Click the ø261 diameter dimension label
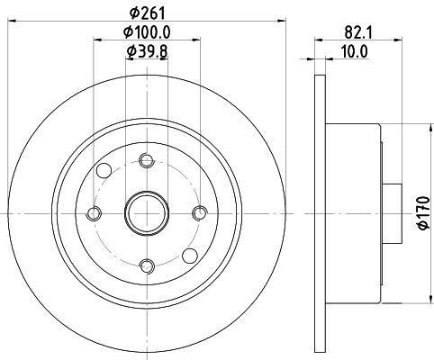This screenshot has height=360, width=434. (148, 13)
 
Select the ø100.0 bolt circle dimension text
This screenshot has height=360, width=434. (147, 32)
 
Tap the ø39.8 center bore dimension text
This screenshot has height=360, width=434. (147, 51)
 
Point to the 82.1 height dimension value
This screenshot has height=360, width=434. (358, 32)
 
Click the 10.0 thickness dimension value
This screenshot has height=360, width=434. (355, 52)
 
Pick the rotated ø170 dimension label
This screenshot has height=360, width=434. (424, 213)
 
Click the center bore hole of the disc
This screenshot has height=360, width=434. (147, 213)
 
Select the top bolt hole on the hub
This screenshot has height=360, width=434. (147, 160)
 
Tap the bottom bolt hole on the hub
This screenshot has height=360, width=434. (147, 266)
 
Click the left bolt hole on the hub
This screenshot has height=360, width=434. (94, 213)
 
